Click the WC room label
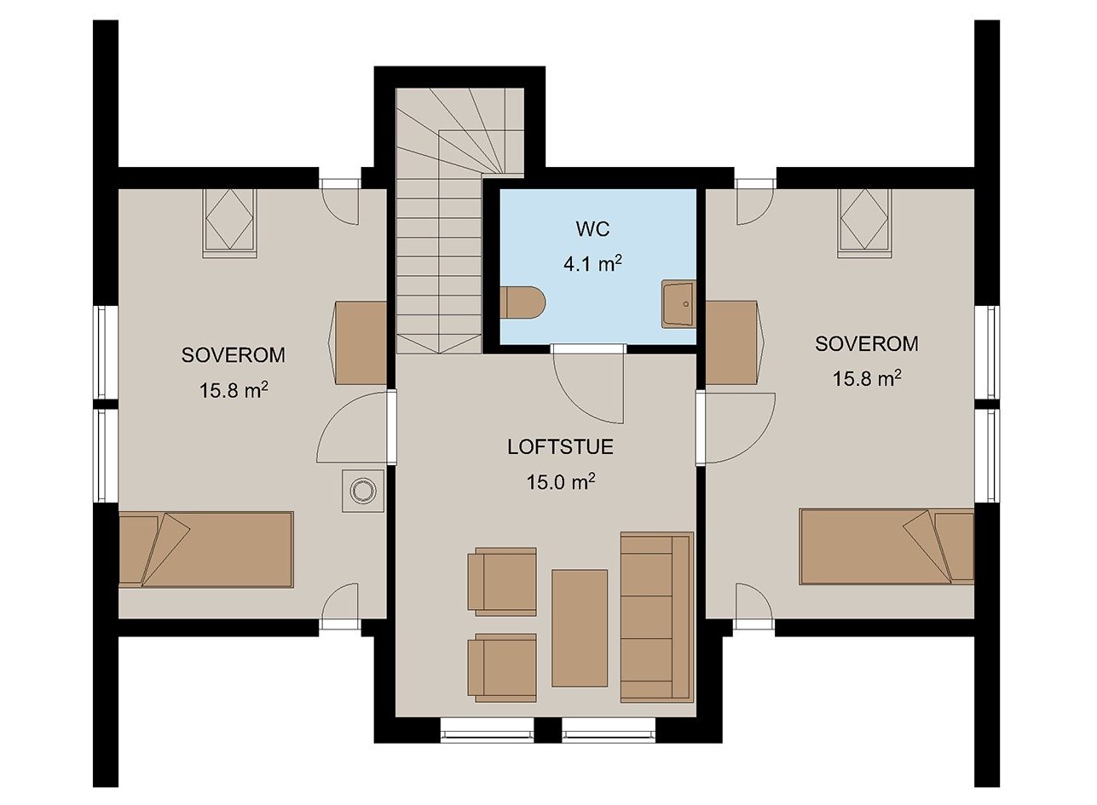point(592,229)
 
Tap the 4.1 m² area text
point(592,264)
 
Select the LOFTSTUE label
point(560,446)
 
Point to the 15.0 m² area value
point(561,482)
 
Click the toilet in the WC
point(522,302)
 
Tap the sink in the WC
point(678,304)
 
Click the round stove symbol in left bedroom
point(363,491)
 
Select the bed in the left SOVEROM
point(206,549)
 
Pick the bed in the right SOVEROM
point(886,546)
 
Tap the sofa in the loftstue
point(657,617)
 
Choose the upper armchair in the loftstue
point(502,582)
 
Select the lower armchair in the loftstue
point(502,668)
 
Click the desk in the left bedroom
point(361,342)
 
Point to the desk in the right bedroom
point(735,342)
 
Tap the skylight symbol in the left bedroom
point(229,223)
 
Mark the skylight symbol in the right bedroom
point(864,223)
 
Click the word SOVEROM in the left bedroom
point(233,354)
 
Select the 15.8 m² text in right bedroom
point(867,378)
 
